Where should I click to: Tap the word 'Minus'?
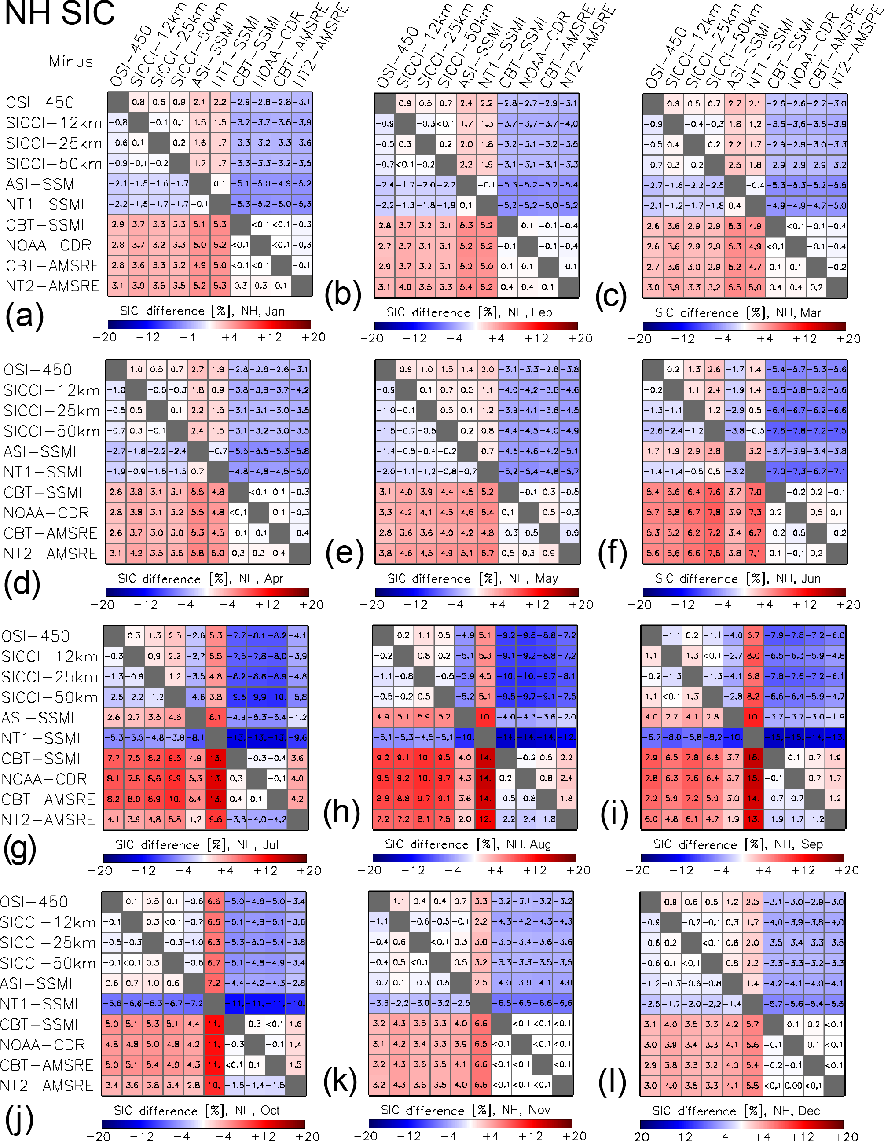71,62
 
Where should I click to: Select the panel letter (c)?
610,295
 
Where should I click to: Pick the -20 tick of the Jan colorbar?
104,337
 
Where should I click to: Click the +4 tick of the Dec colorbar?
764,1136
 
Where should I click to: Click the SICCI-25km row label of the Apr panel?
51,411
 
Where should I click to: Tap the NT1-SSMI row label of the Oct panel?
39,1004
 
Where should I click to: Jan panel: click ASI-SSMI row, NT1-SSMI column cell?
220,183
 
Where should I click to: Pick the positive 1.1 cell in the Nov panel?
399,901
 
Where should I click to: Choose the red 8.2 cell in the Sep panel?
753,697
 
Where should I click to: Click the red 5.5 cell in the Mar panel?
734,287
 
